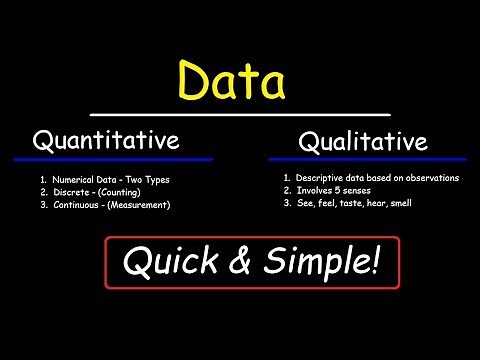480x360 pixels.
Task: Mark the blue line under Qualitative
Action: tap(367, 159)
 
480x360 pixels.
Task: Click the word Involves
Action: tap(316, 191)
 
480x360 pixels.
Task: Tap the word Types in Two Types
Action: tap(156, 180)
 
